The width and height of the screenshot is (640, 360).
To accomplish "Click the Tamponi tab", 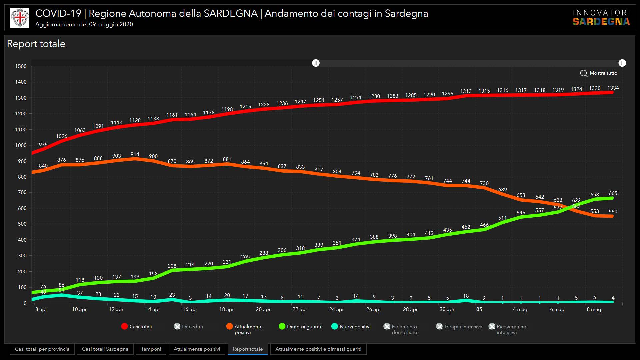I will [x=151, y=349].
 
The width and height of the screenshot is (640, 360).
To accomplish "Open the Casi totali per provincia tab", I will [x=42, y=349].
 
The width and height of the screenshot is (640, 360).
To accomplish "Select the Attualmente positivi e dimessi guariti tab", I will [x=318, y=349].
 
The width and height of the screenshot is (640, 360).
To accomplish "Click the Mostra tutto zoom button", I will [x=599, y=73].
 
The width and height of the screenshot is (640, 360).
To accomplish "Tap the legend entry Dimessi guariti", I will [x=300, y=327].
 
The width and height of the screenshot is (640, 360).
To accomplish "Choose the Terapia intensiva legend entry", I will [x=459, y=327].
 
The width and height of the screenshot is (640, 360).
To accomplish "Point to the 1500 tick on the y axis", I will [x=21, y=66].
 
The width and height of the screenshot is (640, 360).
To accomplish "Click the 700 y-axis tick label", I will [x=22, y=192].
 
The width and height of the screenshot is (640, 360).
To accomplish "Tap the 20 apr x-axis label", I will [x=263, y=309].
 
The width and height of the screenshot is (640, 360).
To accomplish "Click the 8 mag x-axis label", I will [x=594, y=309].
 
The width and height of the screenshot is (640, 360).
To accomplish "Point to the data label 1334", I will [x=613, y=88].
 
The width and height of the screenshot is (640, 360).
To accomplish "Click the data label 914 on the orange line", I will [x=135, y=154].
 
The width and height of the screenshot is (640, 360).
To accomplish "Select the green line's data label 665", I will [x=613, y=193].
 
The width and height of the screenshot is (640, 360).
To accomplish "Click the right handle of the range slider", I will [x=622, y=63].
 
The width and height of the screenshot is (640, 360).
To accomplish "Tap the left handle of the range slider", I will [x=316, y=63].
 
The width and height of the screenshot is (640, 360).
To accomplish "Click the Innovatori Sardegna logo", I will [x=601, y=17].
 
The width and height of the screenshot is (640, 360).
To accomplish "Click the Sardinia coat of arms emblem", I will [x=20, y=18].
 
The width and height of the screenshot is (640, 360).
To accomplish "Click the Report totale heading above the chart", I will [x=36, y=44].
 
